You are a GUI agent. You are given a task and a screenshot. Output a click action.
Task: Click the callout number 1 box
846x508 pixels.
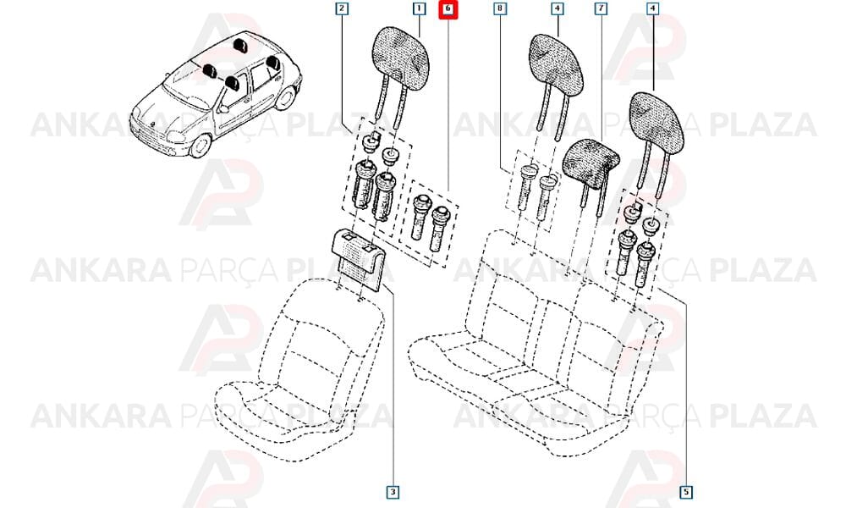[419, 8]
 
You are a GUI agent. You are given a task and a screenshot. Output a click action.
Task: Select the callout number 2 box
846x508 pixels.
[342, 8]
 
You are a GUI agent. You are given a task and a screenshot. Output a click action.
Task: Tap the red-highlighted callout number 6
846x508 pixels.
[448, 9]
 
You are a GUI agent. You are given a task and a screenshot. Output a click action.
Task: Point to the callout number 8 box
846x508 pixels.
[500, 8]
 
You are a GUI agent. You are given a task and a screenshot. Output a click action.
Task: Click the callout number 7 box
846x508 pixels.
[601, 8]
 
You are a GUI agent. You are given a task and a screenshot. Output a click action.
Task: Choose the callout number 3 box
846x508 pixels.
[393, 492]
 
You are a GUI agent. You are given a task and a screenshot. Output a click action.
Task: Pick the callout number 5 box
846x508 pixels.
[686, 492]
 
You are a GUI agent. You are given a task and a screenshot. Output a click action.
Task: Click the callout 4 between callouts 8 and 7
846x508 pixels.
[558, 8]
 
